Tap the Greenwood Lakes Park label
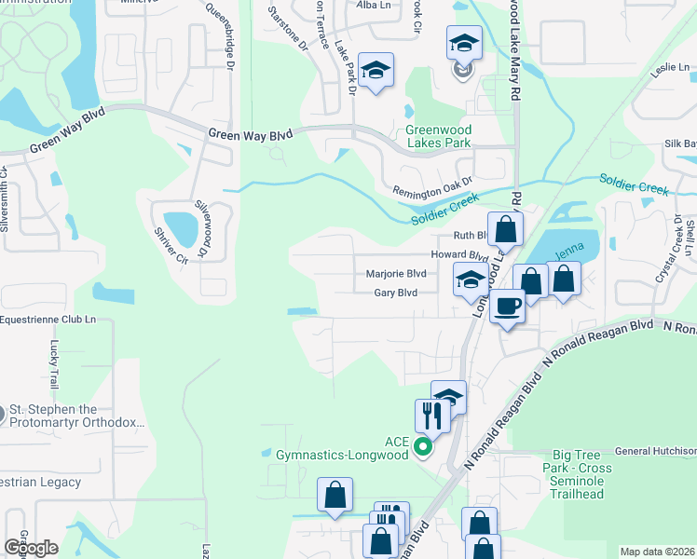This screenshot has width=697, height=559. click(x=438, y=136)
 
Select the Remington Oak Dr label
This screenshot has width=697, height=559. click(x=435, y=186)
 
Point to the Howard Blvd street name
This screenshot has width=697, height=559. click(x=458, y=254)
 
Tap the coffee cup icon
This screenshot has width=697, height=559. click(x=508, y=305)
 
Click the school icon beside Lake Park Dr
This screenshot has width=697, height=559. click(x=376, y=70)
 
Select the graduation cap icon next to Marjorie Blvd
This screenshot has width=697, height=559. click(x=471, y=279)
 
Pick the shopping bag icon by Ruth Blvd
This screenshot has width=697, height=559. click(x=504, y=228)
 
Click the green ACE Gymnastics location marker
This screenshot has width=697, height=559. click(x=423, y=447)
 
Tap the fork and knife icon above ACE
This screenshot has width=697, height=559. click(x=431, y=415)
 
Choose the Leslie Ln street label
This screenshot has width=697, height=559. click(x=669, y=68)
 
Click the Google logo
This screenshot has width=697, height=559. click(x=31, y=547)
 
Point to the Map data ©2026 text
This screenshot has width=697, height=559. click(x=656, y=551)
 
